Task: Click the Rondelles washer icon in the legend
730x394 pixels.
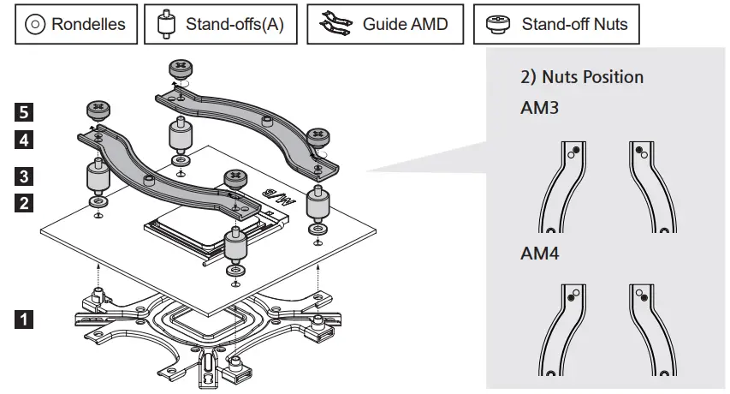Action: [x=35, y=24]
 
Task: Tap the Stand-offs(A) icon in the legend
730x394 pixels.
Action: [x=166, y=24]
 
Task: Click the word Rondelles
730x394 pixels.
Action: [x=87, y=24]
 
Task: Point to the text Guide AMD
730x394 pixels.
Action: [x=405, y=24]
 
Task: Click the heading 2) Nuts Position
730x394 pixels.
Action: [x=582, y=77]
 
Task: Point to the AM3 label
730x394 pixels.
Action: [x=539, y=110]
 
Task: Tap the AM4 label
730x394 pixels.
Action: [x=539, y=254]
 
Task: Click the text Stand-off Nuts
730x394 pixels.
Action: [x=574, y=24]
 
